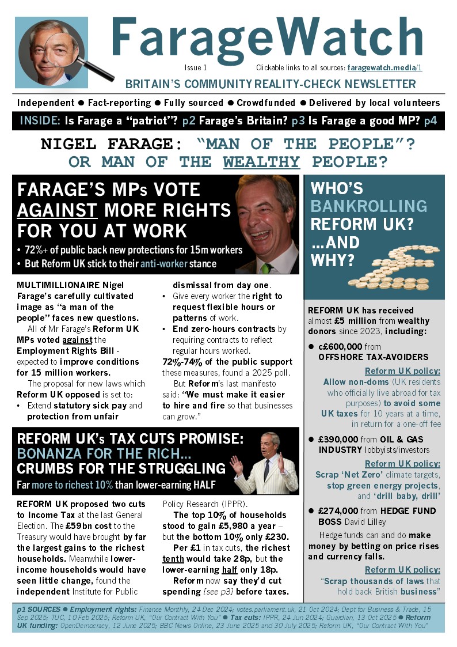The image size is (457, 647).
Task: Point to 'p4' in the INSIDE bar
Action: point(431,120)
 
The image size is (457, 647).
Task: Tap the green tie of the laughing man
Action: point(266,268)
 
